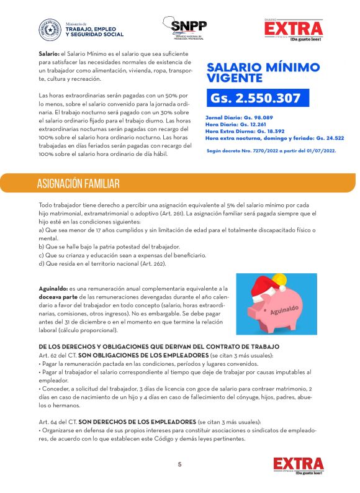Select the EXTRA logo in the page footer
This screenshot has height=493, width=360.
[x=298, y=465]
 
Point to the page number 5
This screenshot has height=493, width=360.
[x=179, y=464]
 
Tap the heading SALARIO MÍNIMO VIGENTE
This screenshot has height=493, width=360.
[x=263, y=73]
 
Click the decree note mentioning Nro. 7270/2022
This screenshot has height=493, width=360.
[x=272, y=151]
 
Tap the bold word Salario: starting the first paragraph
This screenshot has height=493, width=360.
[x=48, y=55]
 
